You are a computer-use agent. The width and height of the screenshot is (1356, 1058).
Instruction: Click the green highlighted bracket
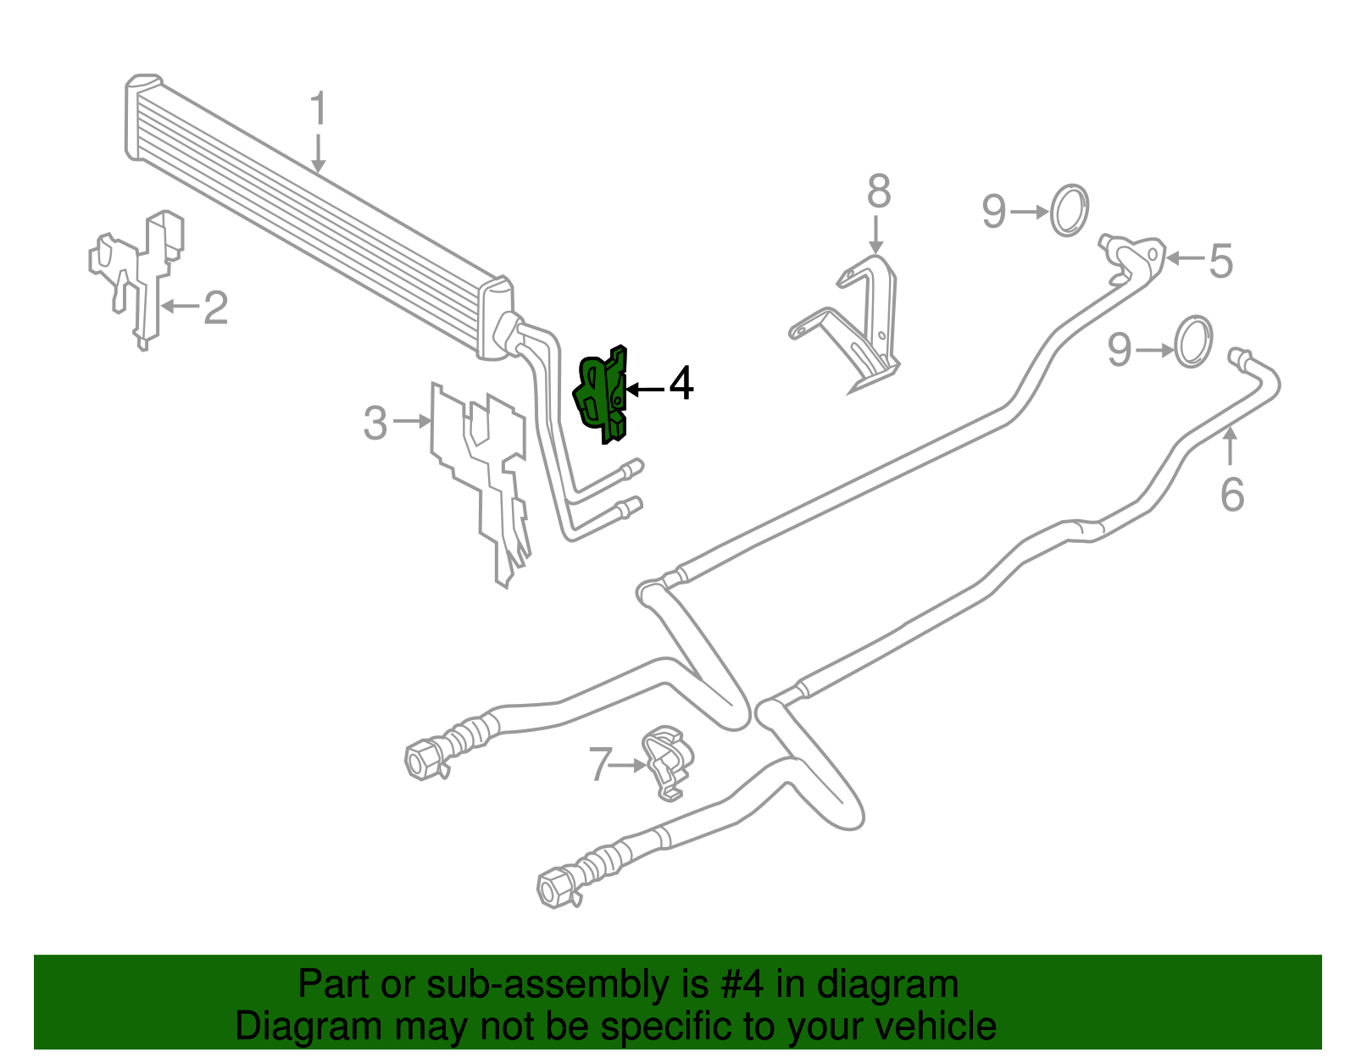pos(603,392)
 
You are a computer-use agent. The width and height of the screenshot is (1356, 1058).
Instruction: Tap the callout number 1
pos(318,110)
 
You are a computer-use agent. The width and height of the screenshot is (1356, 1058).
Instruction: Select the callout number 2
pos(215,307)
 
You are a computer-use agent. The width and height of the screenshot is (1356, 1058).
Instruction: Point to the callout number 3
pos(375,423)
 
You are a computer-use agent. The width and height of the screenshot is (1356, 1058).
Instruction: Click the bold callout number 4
pos(681,384)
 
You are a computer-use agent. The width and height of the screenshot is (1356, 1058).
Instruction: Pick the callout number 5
pos(1220,260)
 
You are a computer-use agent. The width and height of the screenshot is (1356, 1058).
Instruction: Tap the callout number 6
pos(1231,494)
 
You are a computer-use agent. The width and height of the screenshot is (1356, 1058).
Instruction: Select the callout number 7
pos(600,764)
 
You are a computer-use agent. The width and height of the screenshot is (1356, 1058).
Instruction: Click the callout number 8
pos(879,192)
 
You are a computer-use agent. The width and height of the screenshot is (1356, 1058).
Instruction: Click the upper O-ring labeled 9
pos(1070,210)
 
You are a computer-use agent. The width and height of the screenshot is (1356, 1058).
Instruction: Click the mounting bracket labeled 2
pos(140,271)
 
